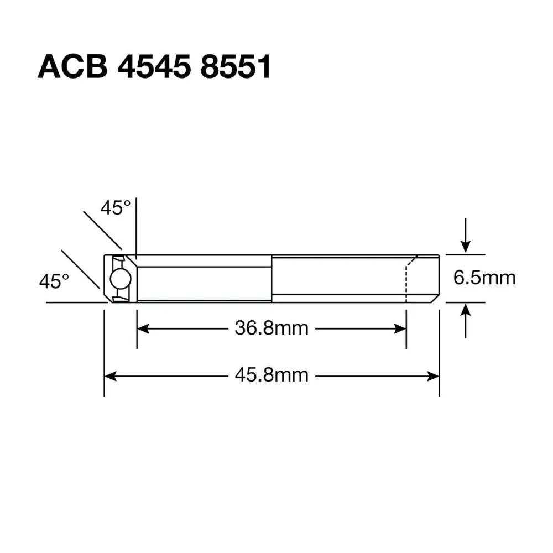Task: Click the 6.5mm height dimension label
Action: click(484, 278)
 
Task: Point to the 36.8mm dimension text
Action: click(271, 328)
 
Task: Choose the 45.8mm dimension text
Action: click(271, 376)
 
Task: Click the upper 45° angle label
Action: click(116, 208)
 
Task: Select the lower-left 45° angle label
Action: click(54, 281)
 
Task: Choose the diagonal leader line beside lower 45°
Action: click(80, 269)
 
